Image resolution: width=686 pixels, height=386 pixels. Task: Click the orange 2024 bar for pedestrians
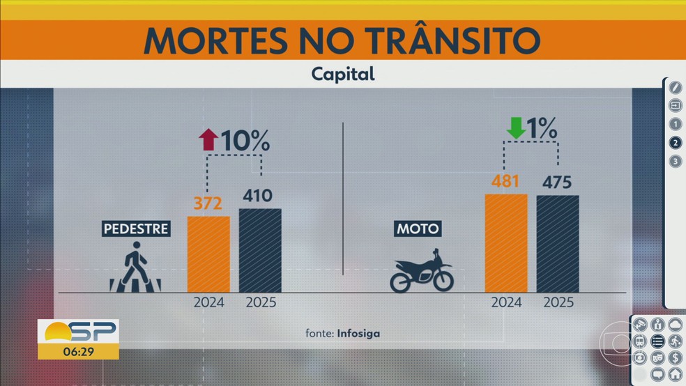(208, 254)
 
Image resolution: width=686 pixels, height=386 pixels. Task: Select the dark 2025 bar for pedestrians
(260, 250)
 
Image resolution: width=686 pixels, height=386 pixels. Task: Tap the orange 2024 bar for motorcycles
(506, 242)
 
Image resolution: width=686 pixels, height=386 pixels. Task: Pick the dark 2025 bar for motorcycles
(558, 243)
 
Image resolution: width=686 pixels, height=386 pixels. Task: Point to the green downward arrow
(516, 128)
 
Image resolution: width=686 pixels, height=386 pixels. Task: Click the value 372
(208, 204)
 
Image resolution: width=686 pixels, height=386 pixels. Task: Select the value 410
(259, 196)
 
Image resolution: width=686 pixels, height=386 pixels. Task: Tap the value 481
(505, 182)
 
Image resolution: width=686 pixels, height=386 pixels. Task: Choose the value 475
(556, 183)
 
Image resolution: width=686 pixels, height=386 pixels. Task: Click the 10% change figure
(245, 141)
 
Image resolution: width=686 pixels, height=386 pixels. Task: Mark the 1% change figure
(542, 128)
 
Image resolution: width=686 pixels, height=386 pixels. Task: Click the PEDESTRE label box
(136, 229)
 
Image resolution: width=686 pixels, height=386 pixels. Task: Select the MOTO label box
(418, 229)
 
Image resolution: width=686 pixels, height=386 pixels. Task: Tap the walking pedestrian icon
(135, 267)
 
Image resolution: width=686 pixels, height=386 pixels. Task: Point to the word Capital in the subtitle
(343, 73)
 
